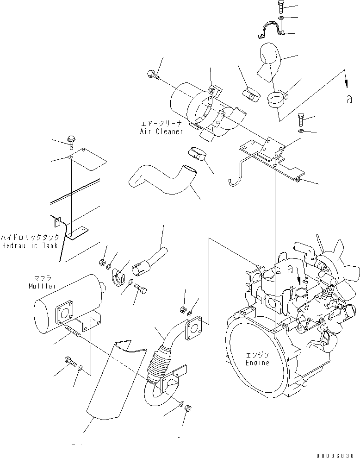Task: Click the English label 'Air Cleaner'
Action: (x=161, y=132)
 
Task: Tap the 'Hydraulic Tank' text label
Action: (x=30, y=245)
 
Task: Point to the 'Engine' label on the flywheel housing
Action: (x=257, y=363)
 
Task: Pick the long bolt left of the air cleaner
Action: (x=153, y=75)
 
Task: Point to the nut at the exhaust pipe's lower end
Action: (x=188, y=409)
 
